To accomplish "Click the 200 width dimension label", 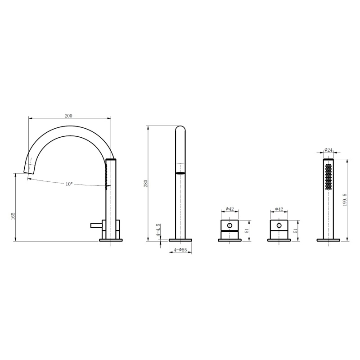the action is coord(68,116).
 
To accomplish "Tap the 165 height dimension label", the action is coord(13,216).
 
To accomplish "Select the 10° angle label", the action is coord(69,184).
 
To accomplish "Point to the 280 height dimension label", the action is coord(145,184).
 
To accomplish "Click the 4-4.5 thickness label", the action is coord(158,230).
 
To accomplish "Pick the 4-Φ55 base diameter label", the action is coord(180,250).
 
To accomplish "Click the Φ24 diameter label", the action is coord(328,150).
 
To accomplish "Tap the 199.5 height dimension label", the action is coord(345,200).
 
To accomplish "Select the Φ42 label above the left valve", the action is coord(229,209).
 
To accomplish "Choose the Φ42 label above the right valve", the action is coord(279,209).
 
